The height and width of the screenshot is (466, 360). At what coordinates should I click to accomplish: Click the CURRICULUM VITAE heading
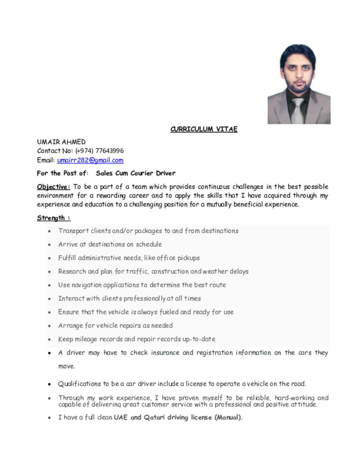click(x=204, y=129)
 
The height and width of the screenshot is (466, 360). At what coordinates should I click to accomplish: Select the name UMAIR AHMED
click(x=61, y=142)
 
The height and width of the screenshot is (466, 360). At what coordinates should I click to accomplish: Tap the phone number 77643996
click(x=109, y=151)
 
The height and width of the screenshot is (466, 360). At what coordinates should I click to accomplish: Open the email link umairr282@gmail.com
click(x=90, y=160)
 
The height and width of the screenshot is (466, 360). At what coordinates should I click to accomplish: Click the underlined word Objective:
click(x=53, y=187)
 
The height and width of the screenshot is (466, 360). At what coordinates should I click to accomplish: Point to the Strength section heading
click(x=53, y=218)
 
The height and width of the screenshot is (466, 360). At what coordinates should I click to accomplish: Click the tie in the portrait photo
click(x=298, y=111)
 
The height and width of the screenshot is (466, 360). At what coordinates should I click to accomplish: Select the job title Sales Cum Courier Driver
click(x=136, y=173)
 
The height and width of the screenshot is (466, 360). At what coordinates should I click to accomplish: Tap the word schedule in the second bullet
click(x=149, y=244)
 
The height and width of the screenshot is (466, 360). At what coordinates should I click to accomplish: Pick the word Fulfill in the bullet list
click(x=67, y=258)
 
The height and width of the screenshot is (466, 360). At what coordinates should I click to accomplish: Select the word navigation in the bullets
click(x=86, y=285)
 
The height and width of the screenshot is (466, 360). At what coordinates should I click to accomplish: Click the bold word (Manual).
click(x=228, y=417)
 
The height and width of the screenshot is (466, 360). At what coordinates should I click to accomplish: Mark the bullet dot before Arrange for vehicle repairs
click(x=49, y=326)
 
